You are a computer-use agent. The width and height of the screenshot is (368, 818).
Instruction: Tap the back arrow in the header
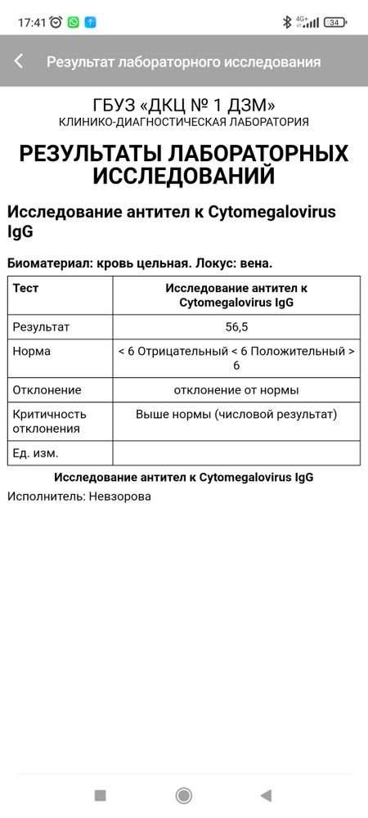point(19,61)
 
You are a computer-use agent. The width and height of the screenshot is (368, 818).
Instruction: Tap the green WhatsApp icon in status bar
point(74,22)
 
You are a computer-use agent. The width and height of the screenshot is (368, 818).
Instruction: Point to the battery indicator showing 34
point(335,22)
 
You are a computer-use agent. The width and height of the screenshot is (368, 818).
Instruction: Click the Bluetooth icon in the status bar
point(287,22)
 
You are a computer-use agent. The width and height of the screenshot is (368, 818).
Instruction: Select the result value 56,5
point(236,327)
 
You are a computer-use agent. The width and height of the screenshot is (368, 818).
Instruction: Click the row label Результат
point(41,327)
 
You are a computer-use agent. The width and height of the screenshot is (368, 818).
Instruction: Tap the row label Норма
point(32,351)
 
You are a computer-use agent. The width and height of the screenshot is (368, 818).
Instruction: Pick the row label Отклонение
point(47,390)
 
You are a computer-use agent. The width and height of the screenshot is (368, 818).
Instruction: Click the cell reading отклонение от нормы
point(236,390)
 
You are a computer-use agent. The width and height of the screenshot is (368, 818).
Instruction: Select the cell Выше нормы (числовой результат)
point(236,414)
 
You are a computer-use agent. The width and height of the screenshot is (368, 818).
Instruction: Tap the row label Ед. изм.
point(35,453)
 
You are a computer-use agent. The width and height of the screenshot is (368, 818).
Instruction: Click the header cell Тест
point(25,288)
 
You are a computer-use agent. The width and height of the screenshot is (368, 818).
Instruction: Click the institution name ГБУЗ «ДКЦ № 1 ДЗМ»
point(184,105)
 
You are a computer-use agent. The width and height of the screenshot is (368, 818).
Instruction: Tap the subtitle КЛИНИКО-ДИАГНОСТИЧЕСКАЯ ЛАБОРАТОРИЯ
point(184,122)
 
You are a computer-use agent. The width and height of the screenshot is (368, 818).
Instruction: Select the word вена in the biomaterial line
point(254,263)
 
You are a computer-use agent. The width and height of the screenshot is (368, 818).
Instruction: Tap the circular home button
point(184,795)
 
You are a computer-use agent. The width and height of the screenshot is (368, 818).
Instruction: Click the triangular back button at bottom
point(266,795)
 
